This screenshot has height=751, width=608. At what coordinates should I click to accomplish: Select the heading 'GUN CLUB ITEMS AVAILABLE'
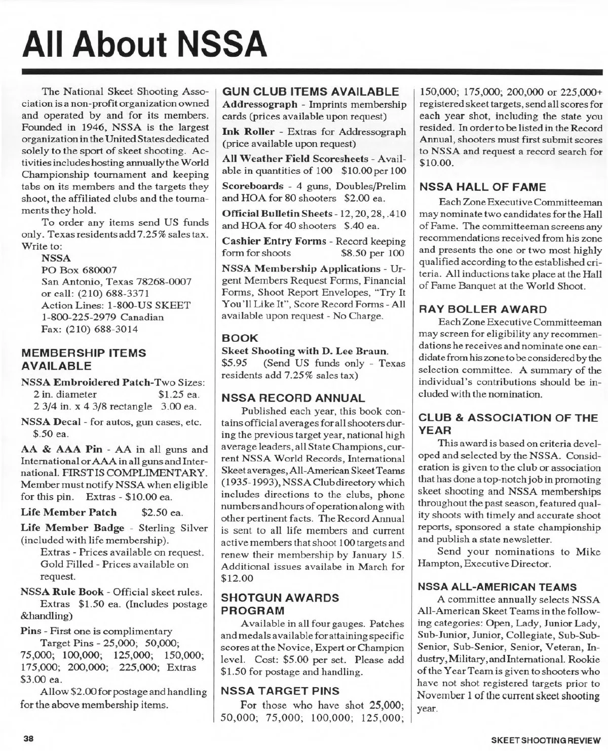click(311, 92)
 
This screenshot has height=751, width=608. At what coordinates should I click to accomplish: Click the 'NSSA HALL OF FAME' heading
click(481, 187)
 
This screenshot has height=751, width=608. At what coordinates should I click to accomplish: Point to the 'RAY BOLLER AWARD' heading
click(482, 309)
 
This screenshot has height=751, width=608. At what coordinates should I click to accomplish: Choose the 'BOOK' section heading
click(240, 338)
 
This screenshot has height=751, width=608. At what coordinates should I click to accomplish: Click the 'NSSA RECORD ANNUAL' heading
click(293, 398)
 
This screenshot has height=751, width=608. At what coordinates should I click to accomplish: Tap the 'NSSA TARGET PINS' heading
click(281, 691)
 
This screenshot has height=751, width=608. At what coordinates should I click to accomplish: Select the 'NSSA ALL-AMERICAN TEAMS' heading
click(497, 587)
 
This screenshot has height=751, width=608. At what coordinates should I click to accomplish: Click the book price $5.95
click(235, 363)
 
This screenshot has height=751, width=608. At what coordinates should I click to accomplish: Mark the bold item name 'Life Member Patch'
click(68, 512)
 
